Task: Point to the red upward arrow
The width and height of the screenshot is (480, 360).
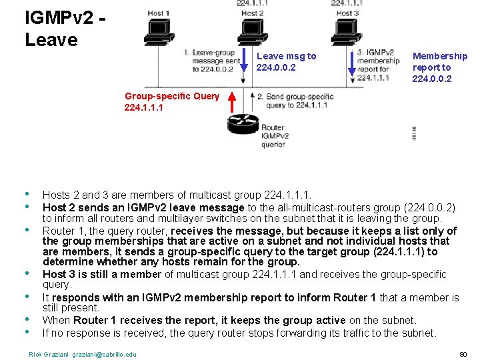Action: [x=231, y=103]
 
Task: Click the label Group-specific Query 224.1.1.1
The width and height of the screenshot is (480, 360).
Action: [x=171, y=101]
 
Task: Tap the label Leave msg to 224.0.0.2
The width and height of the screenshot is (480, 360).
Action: [x=286, y=62]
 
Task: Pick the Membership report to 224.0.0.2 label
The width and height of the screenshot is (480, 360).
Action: [x=439, y=67]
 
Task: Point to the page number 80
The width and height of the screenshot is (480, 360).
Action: [x=463, y=353]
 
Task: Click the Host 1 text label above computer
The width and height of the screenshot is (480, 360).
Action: [x=157, y=13]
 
